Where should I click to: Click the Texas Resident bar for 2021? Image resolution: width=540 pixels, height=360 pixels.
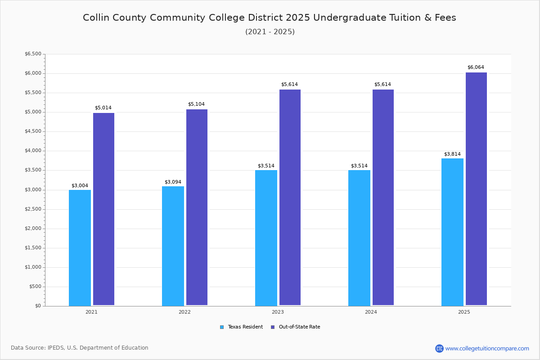(x=80, y=247)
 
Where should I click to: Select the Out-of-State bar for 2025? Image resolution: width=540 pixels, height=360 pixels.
(x=476, y=189)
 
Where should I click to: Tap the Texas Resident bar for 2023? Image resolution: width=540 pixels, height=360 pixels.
(x=266, y=238)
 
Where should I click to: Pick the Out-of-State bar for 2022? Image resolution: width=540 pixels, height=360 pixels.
(x=197, y=207)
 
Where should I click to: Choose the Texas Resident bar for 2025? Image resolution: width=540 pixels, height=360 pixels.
(x=452, y=232)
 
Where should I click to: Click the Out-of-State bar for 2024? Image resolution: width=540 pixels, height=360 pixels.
(x=383, y=198)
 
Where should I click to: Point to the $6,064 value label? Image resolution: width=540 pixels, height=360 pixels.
(x=476, y=67)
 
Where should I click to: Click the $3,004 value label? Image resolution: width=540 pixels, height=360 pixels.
(x=80, y=186)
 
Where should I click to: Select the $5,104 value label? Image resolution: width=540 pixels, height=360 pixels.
(x=196, y=104)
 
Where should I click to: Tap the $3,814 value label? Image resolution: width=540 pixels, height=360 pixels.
(x=452, y=154)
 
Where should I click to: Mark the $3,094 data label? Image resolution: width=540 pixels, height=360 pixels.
(x=173, y=182)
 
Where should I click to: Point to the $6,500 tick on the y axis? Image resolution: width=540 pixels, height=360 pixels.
(x=33, y=54)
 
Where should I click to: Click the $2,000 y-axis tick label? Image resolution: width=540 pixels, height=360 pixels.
(x=33, y=229)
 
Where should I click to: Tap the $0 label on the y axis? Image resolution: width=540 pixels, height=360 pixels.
(x=38, y=306)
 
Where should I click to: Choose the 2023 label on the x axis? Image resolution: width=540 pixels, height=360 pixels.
(x=278, y=312)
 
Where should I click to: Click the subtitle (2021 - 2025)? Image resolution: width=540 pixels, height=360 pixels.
(x=270, y=32)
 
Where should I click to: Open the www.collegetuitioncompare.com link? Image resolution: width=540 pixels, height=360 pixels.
(x=487, y=348)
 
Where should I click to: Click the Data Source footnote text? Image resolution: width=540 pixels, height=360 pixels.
(x=80, y=348)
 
